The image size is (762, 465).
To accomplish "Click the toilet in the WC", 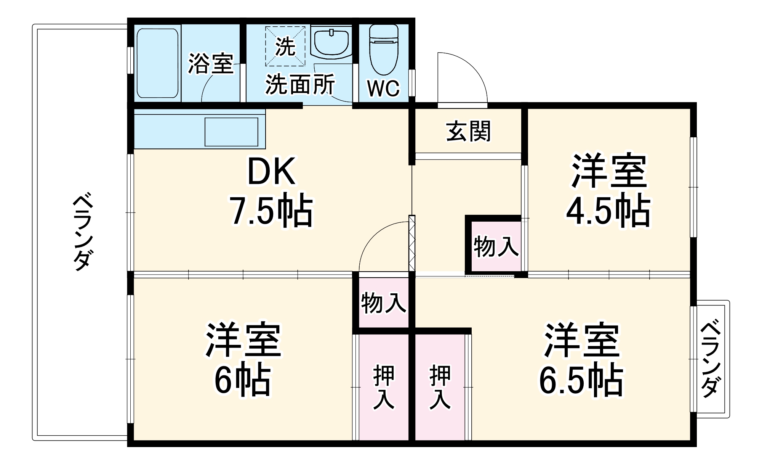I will point(384,51).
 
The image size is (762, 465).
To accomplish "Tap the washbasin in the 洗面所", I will point(331,43).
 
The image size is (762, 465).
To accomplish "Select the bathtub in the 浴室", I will point(157,63).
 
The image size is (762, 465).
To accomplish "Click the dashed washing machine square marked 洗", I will point(285,46).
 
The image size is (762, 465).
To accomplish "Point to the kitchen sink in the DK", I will point(231,132).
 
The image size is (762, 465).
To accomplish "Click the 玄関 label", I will point(468,131).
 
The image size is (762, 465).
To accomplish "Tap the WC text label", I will point(384,88).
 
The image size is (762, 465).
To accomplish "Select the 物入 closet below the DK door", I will point(383,303).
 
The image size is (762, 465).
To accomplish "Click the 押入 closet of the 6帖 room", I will point(383,387).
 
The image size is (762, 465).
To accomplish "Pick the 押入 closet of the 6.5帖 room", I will point(440,387).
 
